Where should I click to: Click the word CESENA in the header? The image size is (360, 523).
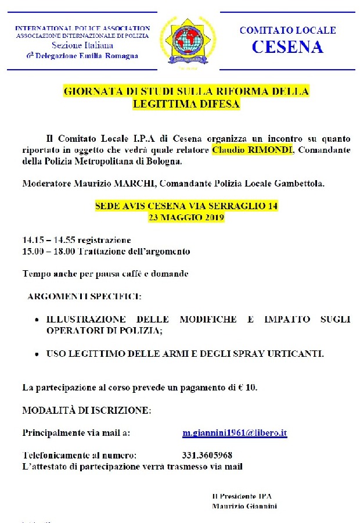287,47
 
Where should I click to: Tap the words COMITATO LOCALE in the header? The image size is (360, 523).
287,30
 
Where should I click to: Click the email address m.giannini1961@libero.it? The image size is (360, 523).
235,433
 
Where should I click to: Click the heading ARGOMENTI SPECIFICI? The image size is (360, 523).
84,296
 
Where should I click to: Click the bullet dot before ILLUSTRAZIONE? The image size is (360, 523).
38,320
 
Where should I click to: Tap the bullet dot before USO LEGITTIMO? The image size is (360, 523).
38,354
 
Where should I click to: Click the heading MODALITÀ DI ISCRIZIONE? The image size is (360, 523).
87,410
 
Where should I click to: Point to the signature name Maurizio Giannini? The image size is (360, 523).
244,506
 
